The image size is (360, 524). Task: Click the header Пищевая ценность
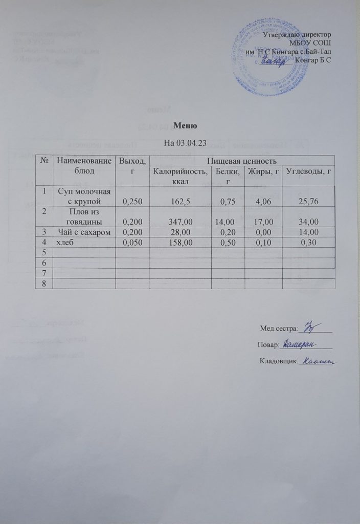coord(241,160)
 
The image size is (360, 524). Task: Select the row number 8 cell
coord(43,283)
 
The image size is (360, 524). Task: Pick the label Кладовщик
coord(278,362)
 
